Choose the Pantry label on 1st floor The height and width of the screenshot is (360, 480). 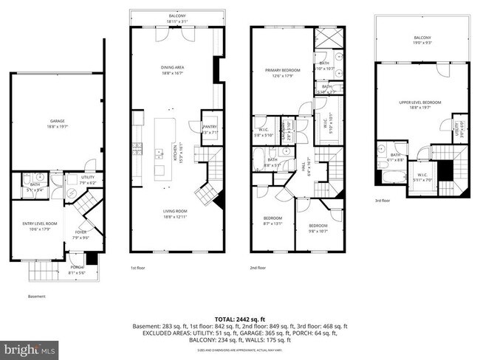[209, 130]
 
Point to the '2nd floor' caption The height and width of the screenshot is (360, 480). [259, 268]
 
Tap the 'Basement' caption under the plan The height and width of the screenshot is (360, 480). [37, 297]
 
